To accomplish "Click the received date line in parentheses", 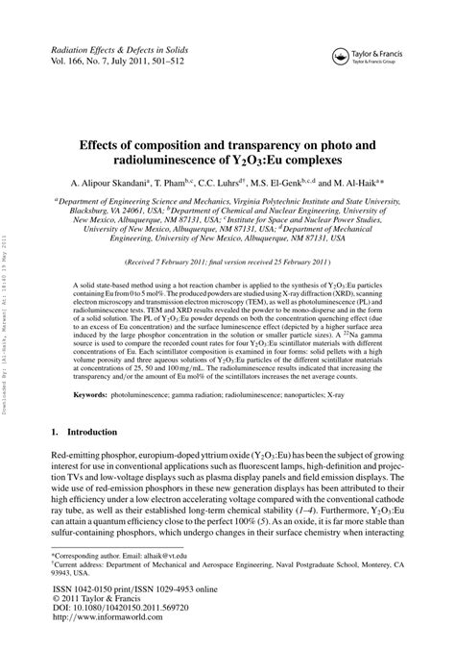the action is point(227,262).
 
